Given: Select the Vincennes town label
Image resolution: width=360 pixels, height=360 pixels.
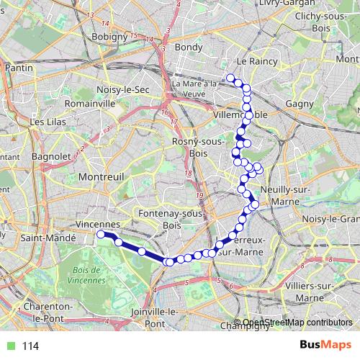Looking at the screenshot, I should (96, 224).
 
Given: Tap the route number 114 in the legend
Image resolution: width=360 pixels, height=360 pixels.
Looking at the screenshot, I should (30, 346).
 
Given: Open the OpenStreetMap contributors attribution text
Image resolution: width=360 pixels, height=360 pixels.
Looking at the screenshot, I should (297, 322).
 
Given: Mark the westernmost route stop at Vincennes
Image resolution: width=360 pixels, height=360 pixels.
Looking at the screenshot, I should (102, 234).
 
